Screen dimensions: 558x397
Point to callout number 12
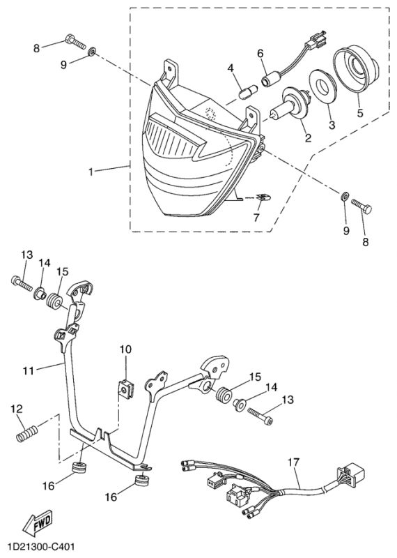click(x=16, y=409)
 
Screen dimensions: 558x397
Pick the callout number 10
click(x=125, y=349)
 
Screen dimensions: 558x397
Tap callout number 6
click(x=260, y=53)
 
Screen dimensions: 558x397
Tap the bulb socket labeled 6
click(x=268, y=80)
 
